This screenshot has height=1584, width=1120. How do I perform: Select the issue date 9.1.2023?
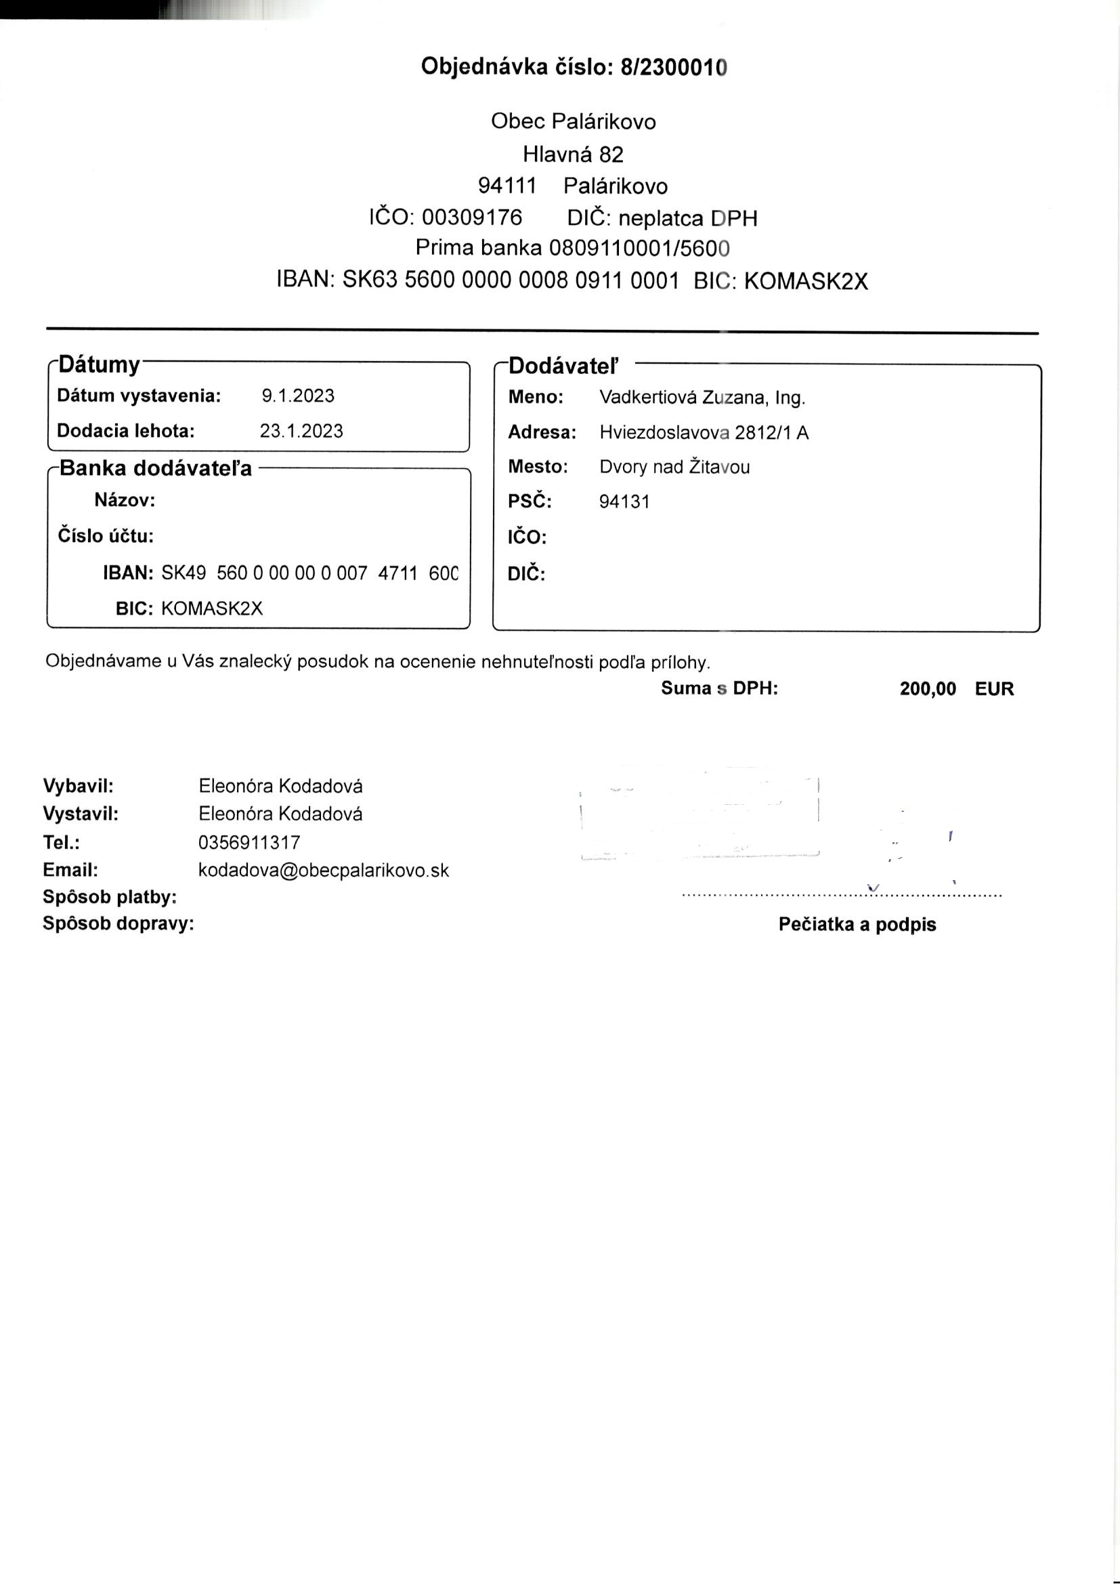point(298,396)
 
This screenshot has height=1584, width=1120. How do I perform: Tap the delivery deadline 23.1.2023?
point(301,431)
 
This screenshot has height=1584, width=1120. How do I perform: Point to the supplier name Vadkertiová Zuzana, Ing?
point(702,398)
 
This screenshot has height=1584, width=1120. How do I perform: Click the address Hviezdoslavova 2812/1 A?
point(704,432)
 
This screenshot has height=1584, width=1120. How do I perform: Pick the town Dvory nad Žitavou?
point(674,467)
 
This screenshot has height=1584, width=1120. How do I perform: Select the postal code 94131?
point(624,501)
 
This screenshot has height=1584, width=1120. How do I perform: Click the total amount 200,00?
point(928,688)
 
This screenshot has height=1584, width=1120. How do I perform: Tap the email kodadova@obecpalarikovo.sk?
point(324,871)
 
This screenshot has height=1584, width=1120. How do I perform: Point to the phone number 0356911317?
point(249,842)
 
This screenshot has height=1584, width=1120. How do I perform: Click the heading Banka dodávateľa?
point(156,468)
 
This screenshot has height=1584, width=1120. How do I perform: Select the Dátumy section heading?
point(100,364)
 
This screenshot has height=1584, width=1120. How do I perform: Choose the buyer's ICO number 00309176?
point(472,218)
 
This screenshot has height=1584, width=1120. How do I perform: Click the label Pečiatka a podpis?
point(857,925)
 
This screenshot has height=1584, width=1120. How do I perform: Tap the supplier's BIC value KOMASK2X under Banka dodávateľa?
point(212,608)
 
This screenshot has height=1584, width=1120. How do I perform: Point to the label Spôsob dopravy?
point(119,923)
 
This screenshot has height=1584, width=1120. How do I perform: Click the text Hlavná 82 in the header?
point(572,154)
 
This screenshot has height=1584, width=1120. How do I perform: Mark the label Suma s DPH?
point(719,688)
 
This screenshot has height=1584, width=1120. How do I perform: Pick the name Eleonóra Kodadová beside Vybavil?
point(280,786)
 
